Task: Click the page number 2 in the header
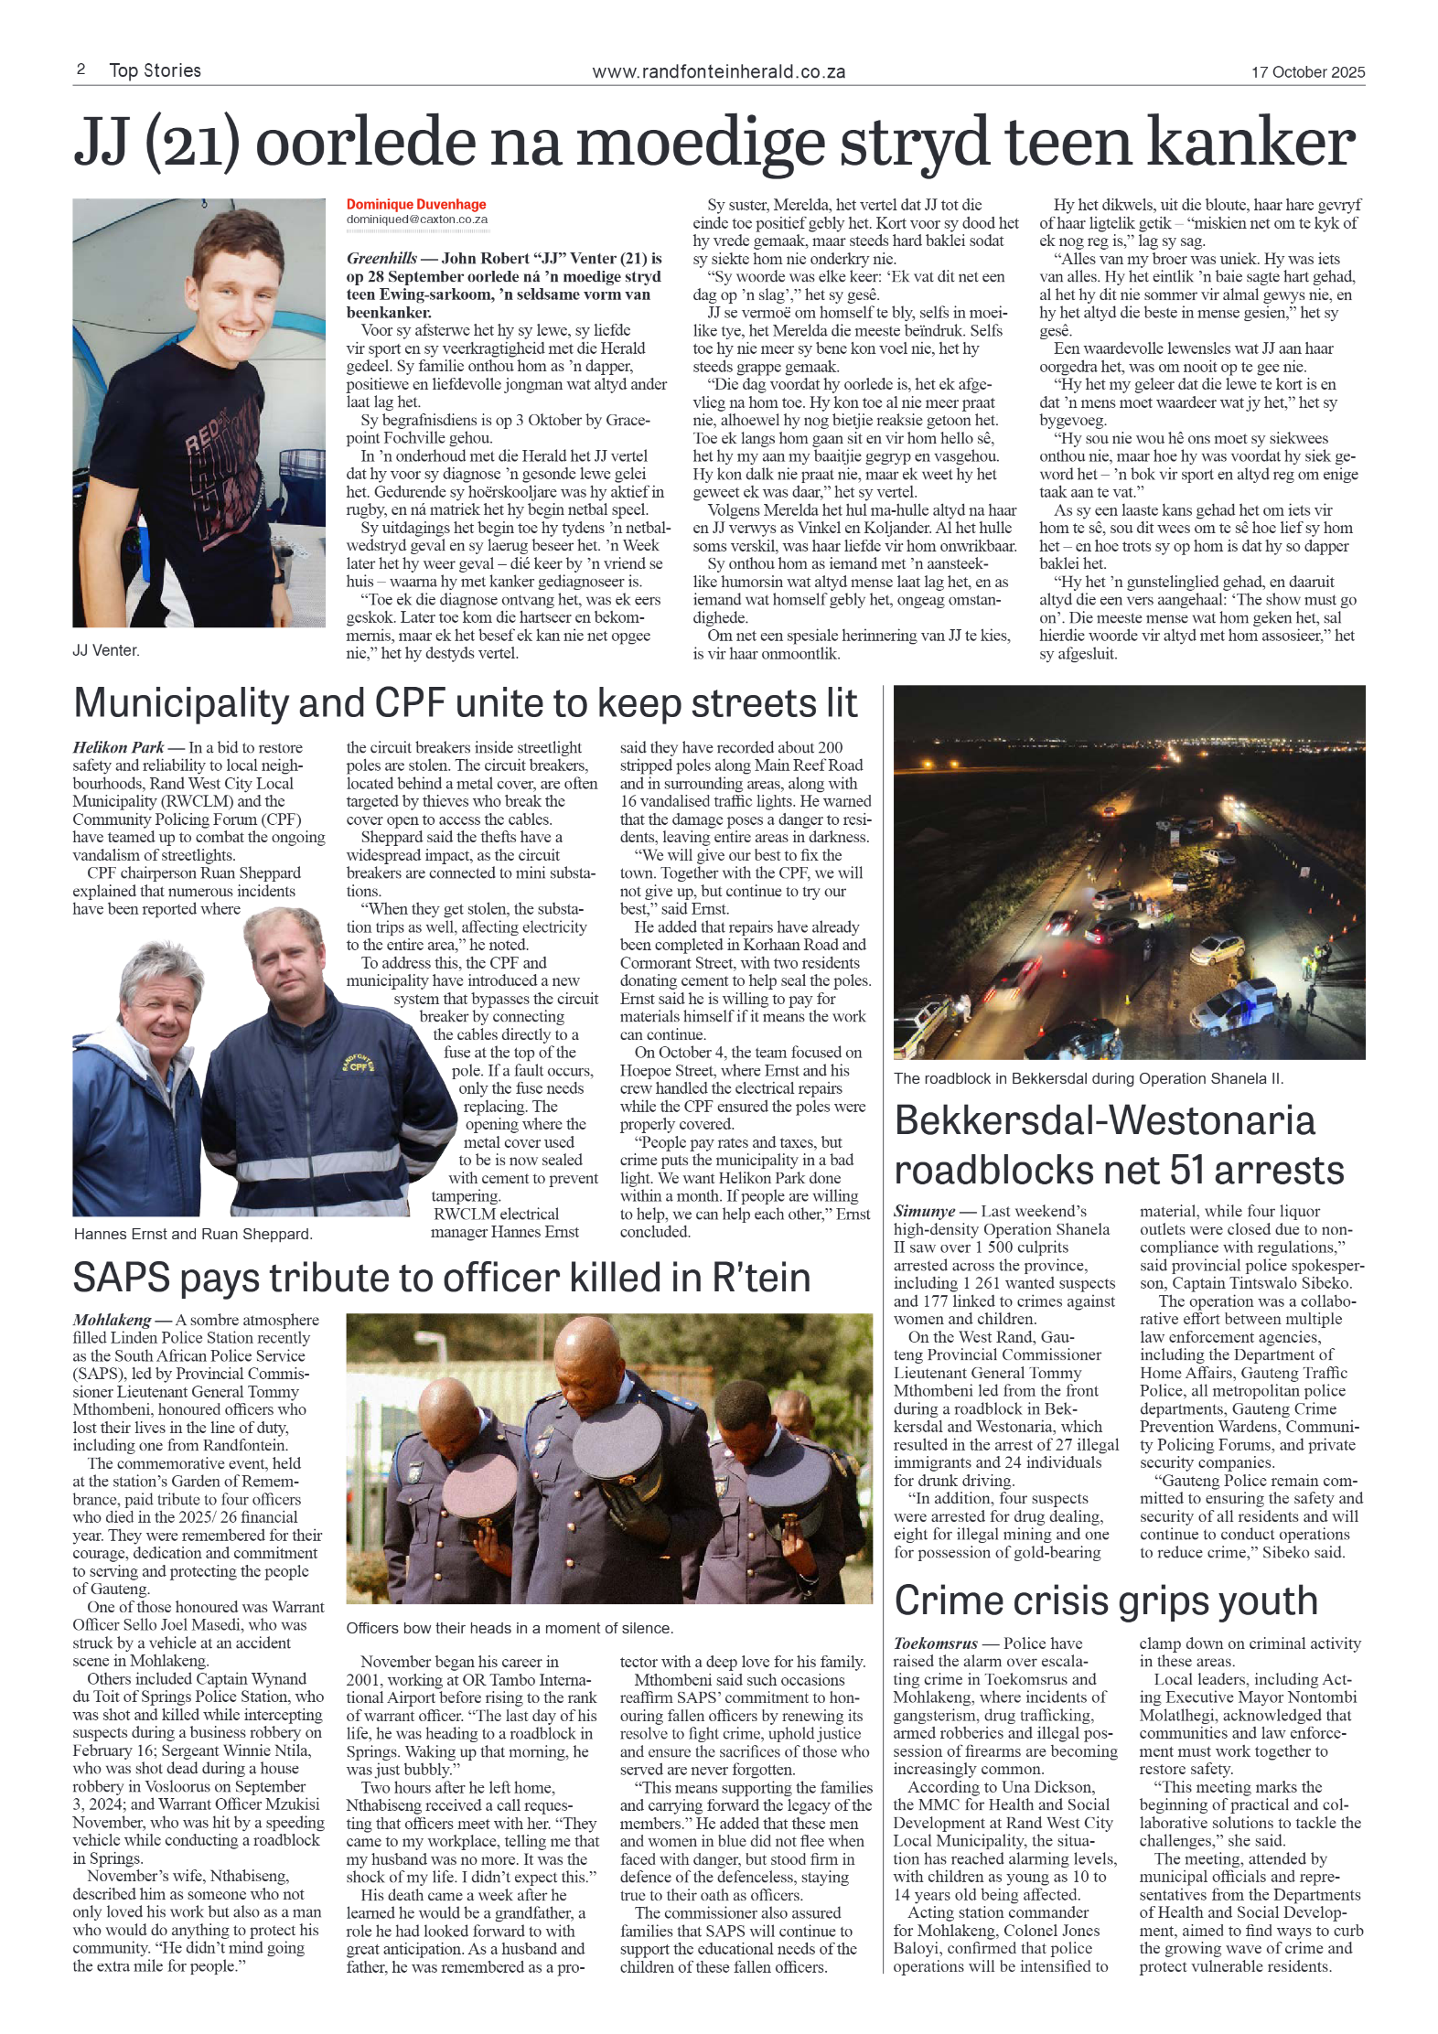click(x=81, y=70)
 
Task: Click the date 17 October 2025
click(x=1307, y=72)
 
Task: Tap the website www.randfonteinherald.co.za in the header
click(x=718, y=72)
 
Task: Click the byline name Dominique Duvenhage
click(x=415, y=205)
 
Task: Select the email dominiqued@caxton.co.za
click(x=416, y=219)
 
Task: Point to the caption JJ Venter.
click(x=106, y=650)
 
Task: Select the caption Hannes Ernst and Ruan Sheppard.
click(x=193, y=1234)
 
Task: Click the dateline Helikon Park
click(x=118, y=747)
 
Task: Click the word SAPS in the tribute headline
click(x=121, y=1278)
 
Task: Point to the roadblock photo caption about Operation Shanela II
click(x=1088, y=1078)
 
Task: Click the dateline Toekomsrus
click(x=935, y=1643)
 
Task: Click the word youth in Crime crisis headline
click(x=1258, y=1601)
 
